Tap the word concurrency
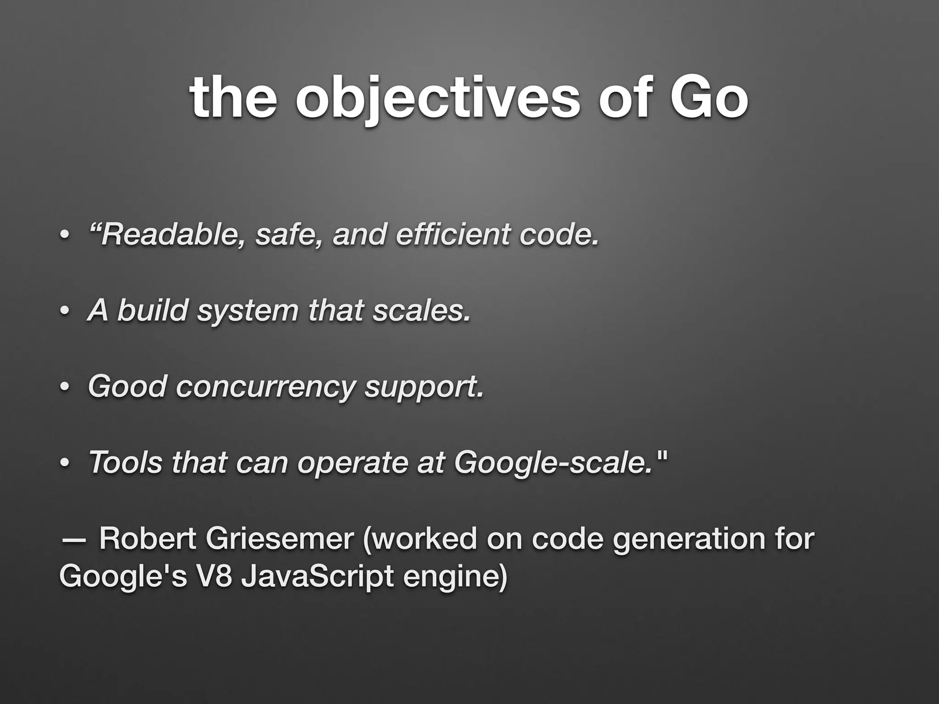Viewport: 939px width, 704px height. tap(265, 386)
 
